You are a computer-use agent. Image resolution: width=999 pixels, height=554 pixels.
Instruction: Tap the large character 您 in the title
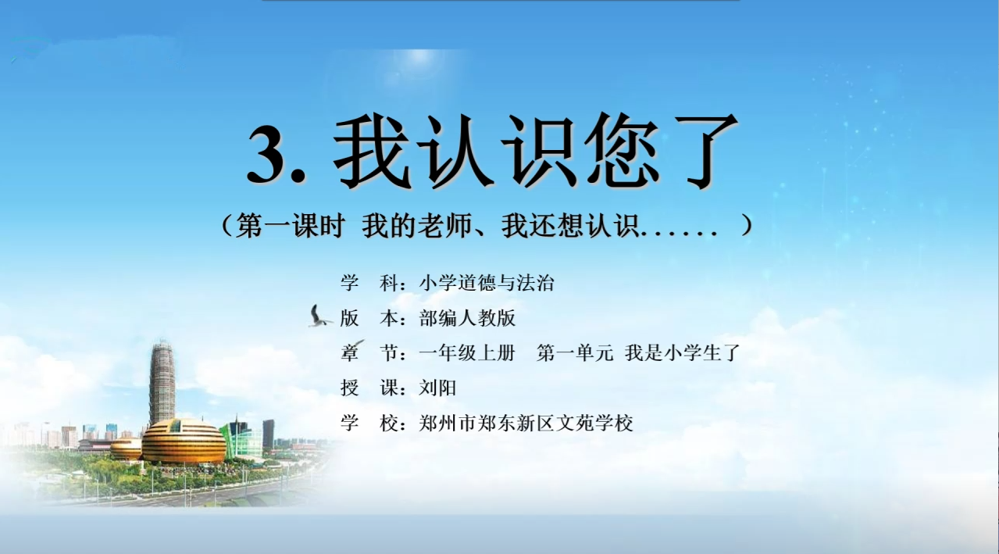coord(623,152)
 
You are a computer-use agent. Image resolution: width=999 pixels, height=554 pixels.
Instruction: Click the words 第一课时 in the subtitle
coord(291,225)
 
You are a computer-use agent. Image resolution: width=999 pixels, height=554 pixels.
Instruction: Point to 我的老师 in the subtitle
coord(417,225)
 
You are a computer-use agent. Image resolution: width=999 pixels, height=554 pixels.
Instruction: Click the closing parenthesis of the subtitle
coord(746,225)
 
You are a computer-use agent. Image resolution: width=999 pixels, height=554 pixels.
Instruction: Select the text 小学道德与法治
coord(487,283)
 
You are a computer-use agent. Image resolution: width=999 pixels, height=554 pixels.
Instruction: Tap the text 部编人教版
coord(467,318)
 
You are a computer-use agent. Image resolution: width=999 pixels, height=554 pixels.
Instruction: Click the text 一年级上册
coord(467,353)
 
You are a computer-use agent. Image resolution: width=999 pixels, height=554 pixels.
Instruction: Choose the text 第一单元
coord(575,353)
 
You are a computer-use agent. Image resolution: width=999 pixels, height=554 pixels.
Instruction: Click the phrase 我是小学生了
coord(683,353)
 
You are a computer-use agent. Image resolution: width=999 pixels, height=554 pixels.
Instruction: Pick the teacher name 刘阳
coord(437,388)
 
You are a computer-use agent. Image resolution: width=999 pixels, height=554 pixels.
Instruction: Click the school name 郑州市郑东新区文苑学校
coord(526,423)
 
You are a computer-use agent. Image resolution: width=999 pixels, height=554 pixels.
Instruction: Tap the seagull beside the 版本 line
coord(319,316)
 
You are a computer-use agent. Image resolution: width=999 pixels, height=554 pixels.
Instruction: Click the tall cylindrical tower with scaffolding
coord(162,383)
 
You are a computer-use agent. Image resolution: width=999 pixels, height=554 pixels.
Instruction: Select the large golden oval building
coord(184,441)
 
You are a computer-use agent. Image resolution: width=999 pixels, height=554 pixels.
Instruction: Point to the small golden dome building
coord(127,449)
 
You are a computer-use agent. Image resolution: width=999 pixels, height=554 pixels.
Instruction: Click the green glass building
coord(242,441)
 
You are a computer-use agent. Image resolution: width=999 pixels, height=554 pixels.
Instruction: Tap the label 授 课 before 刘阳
coord(373,388)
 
